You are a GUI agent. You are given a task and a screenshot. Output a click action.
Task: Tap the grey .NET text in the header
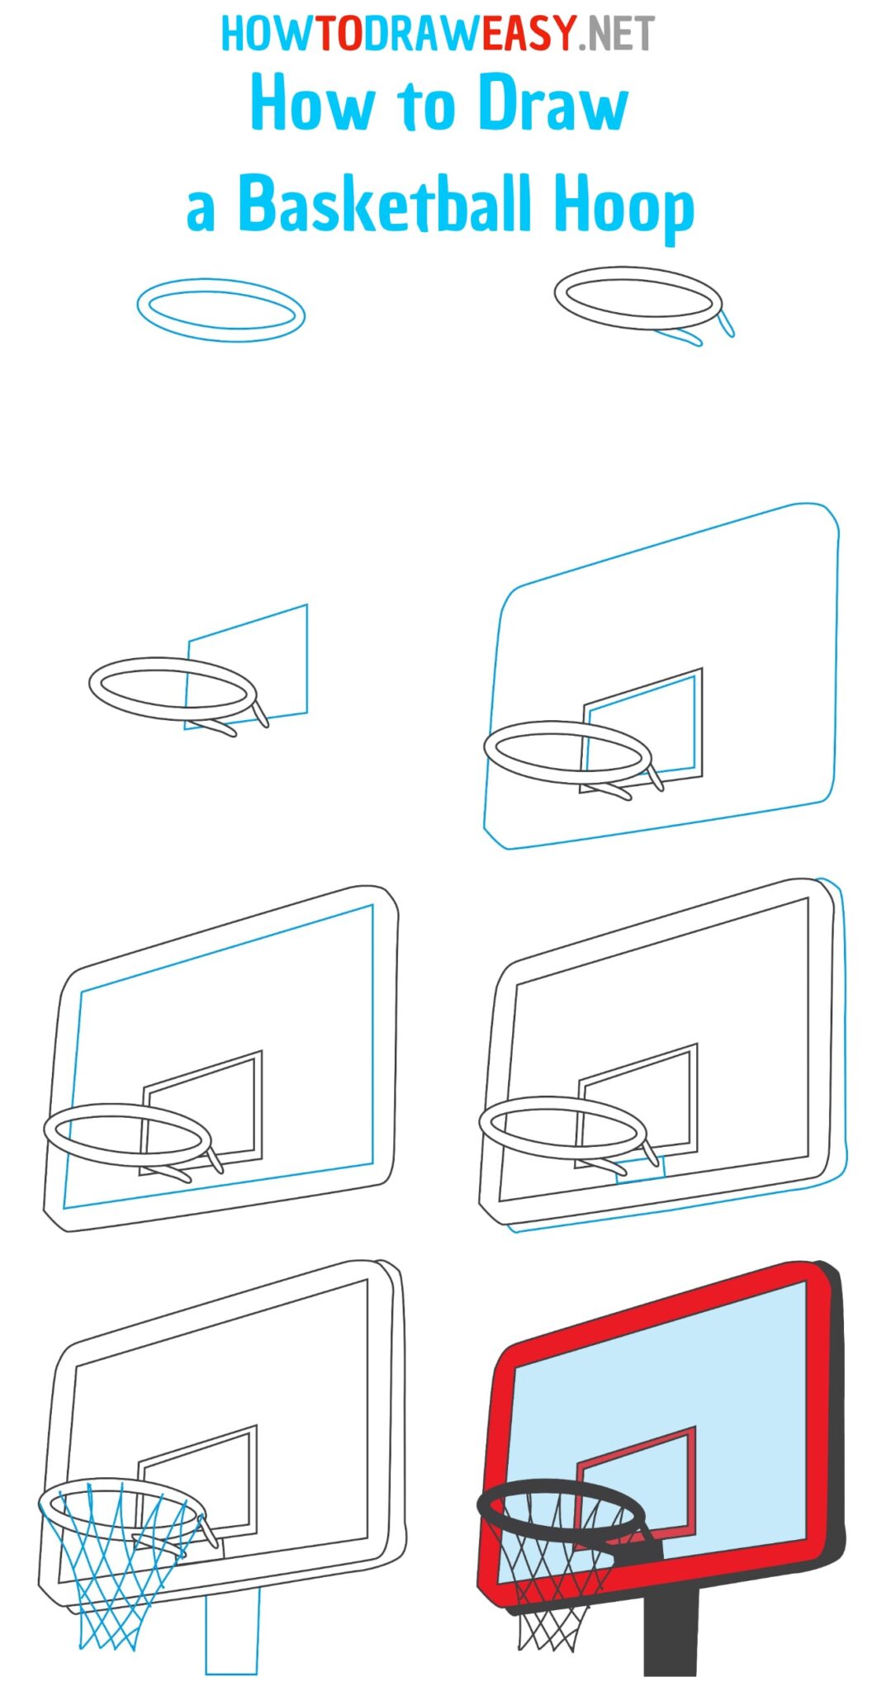coord(616,34)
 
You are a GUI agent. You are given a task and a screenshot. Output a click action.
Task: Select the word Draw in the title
coord(553,105)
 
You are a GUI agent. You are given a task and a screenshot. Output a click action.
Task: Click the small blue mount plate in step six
coord(641,1168)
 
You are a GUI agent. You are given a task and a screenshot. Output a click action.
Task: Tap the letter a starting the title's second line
coord(201,211)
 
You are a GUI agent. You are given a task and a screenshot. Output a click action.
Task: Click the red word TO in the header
coord(339,34)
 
